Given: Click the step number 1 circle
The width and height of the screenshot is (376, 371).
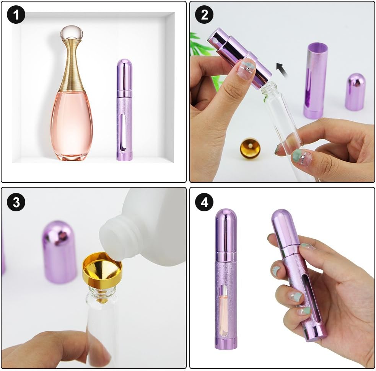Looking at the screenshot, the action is point(16,15).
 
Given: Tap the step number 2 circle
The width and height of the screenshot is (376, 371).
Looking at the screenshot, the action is point(204,15).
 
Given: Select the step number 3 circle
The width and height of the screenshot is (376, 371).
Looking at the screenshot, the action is point(16,202).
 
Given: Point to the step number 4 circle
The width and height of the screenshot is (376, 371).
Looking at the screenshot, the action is point(204,202).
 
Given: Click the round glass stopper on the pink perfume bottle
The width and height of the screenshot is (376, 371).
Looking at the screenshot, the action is point(72,33).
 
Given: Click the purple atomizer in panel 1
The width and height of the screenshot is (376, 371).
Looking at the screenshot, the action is point(124,110).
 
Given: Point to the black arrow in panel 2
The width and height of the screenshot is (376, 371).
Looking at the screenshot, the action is point(281,69).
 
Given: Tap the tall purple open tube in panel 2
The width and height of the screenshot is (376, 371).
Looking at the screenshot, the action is point(316,81).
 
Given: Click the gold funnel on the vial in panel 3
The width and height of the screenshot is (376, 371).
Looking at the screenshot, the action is point(102,269).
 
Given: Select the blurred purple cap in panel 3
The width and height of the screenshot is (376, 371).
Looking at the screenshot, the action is point(60,252).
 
